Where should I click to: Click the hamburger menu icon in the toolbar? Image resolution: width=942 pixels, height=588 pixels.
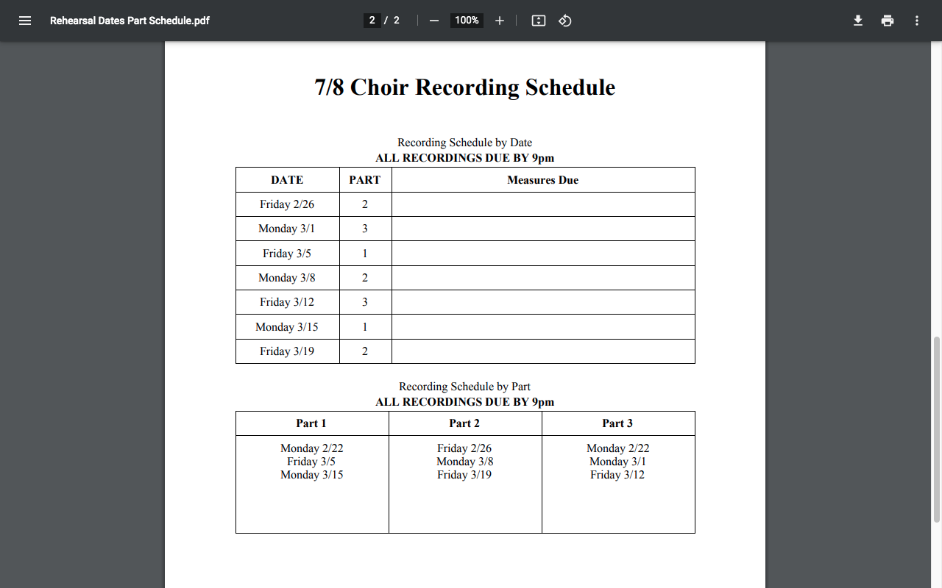pyautogui.click(x=25, y=21)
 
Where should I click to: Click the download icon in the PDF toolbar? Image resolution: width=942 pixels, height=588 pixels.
pyautogui.click(x=857, y=21)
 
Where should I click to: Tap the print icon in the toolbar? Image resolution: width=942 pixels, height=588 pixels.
pyautogui.click(x=888, y=21)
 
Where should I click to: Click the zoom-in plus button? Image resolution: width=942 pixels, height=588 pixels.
pyautogui.click(x=500, y=21)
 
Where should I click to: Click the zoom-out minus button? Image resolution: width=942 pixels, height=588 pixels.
pyautogui.click(x=434, y=21)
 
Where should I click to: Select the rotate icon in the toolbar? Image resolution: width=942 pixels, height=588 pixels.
pyautogui.click(x=565, y=21)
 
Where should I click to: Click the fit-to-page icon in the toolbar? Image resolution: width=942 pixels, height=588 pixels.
pyautogui.click(x=539, y=21)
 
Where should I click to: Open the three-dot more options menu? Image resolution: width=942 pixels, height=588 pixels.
pyautogui.click(x=917, y=21)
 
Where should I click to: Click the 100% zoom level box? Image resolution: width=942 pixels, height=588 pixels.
pyautogui.click(x=467, y=21)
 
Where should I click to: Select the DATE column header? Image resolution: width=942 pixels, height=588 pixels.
pyautogui.click(x=287, y=180)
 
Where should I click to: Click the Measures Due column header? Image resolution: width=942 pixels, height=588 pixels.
pyautogui.click(x=542, y=180)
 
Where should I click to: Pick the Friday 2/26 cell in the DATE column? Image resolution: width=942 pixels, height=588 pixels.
pyautogui.click(x=287, y=204)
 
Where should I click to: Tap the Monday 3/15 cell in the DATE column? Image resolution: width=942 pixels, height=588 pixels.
pyautogui.click(x=287, y=327)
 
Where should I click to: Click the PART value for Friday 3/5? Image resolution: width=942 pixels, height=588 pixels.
pyautogui.click(x=365, y=254)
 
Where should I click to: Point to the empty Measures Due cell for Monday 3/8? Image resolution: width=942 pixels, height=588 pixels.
pyautogui.click(x=542, y=278)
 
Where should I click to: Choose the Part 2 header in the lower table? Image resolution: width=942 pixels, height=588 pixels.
pyautogui.click(x=464, y=423)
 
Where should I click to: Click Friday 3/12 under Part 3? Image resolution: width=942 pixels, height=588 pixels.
pyautogui.click(x=617, y=475)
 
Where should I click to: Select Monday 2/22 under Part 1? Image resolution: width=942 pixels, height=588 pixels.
pyautogui.click(x=311, y=448)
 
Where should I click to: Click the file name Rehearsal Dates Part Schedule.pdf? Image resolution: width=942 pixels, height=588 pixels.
pyautogui.click(x=130, y=21)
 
